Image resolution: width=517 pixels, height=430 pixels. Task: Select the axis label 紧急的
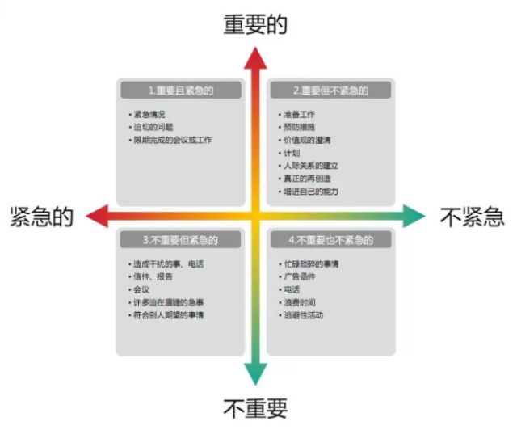pyautogui.click(x=41, y=216)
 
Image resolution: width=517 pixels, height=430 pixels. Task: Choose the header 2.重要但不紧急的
pyautogui.click(x=330, y=90)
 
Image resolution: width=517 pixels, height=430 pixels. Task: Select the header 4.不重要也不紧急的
pyautogui.click(x=330, y=240)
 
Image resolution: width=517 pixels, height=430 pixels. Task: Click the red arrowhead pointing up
pyautogui.click(x=256, y=58)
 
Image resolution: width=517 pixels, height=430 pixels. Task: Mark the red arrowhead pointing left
pyautogui.click(x=96, y=216)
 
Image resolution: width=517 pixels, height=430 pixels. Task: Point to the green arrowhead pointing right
pyautogui.click(x=415, y=216)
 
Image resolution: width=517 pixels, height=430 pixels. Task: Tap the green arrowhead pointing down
pyautogui.click(x=256, y=374)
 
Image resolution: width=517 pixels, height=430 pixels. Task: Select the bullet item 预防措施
pyautogui.click(x=301, y=127)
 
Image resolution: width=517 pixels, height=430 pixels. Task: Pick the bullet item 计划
pyautogui.click(x=292, y=153)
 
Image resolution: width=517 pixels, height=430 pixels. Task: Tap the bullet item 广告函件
pyautogui.click(x=301, y=276)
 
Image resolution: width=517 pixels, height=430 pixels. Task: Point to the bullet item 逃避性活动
pyautogui.click(x=304, y=315)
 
